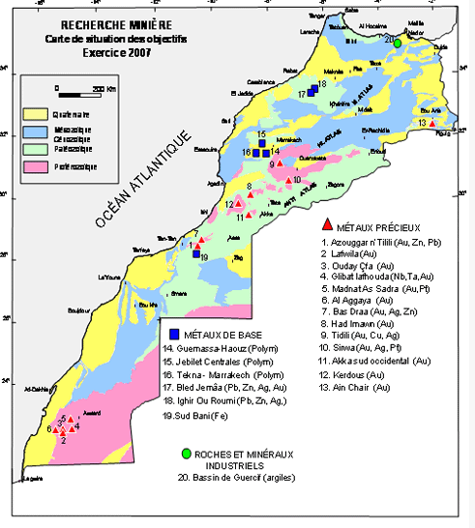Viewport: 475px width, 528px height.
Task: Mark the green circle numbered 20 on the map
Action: pos(397,42)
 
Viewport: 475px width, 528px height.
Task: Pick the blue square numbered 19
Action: pos(195,254)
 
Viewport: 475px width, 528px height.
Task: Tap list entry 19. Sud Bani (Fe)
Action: pos(199,414)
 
